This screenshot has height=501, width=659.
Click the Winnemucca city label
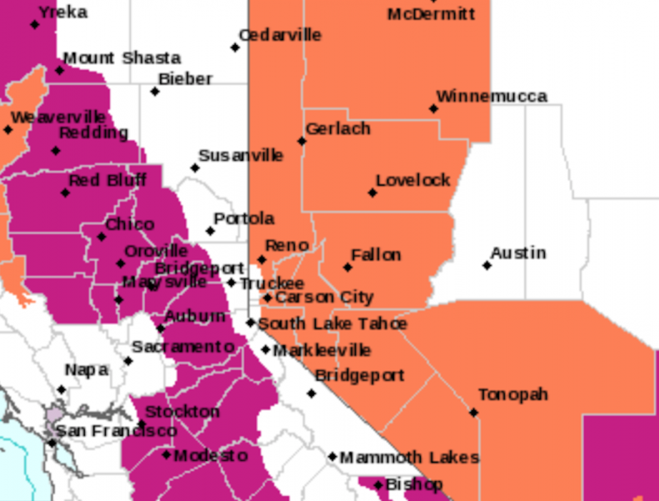coord(492,96)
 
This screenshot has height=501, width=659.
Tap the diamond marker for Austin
coord(487,266)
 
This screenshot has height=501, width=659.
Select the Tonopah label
coord(512,394)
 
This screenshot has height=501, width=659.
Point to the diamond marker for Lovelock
coord(372,193)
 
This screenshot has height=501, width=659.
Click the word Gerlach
coord(337,129)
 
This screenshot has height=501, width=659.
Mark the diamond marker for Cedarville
coord(235,48)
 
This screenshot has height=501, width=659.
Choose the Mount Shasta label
coord(122,58)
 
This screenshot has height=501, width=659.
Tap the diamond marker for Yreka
coord(34,25)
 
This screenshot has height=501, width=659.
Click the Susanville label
coord(240,155)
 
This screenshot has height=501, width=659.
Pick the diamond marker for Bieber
coord(155,92)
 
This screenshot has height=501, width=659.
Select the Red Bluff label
coord(107,180)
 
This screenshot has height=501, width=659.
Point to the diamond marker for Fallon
coord(347,268)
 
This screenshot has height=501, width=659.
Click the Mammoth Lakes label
coord(409,457)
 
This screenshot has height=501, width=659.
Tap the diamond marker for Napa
coord(61,390)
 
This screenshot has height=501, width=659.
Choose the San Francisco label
coord(116,431)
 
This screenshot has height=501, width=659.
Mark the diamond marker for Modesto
coord(167,454)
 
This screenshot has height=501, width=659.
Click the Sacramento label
coord(182,347)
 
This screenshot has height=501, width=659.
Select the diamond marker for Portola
coord(210,231)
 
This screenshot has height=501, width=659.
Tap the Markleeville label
coord(322,351)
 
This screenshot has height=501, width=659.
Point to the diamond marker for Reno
coord(262,260)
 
